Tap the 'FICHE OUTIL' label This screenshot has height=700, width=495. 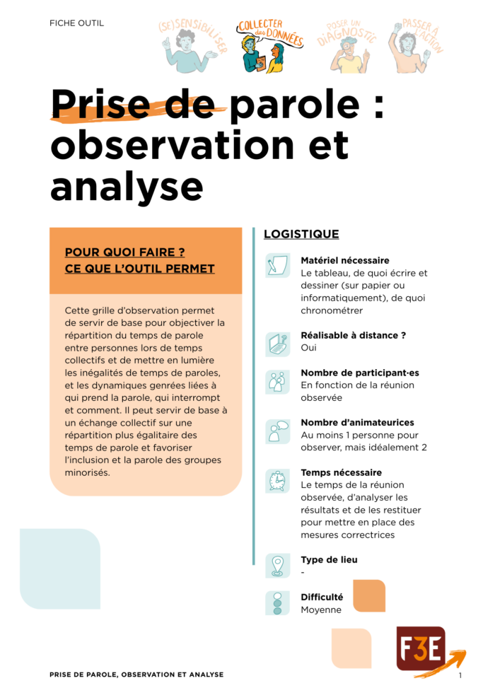pyautogui.click(x=76, y=23)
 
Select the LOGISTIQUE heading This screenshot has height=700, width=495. pyautogui.click(x=301, y=234)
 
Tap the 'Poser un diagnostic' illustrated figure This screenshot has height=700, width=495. pyautogui.click(x=347, y=47)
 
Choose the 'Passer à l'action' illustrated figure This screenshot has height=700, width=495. pyautogui.click(x=414, y=47)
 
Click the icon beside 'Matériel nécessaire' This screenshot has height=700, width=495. pyautogui.click(x=277, y=266)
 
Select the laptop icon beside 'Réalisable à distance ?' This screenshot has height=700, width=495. pyautogui.click(x=277, y=344)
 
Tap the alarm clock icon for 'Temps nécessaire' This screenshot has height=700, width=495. pyautogui.click(x=277, y=481)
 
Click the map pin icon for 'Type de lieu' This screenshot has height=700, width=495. pyautogui.click(x=277, y=566)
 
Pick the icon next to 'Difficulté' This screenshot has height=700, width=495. pyautogui.click(x=277, y=603)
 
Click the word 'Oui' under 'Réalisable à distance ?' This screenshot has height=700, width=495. pyautogui.click(x=309, y=348)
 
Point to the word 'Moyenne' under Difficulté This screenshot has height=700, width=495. pyautogui.click(x=321, y=609)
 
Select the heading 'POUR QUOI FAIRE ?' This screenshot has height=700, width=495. pyautogui.click(x=124, y=252)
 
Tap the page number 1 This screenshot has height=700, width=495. pyautogui.click(x=460, y=676)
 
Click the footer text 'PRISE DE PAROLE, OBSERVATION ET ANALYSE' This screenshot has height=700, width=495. pyautogui.click(x=136, y=675)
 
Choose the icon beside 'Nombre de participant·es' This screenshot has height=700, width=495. pyautogui.click(x=277, y=382)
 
